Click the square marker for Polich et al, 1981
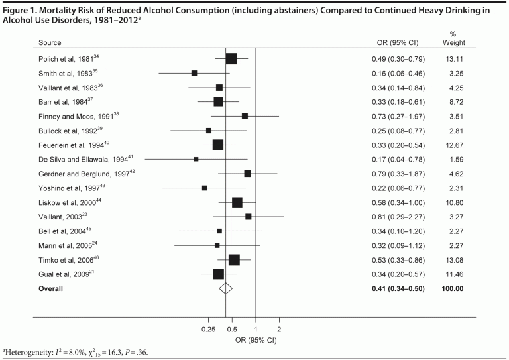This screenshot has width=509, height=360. point(231,59)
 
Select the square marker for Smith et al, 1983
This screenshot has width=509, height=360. point(194,73)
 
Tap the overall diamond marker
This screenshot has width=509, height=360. point(226,288)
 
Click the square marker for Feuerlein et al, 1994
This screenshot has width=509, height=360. point(218,145)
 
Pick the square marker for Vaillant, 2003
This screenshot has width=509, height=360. point(249,217)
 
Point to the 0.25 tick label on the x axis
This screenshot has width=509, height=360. point(208,329)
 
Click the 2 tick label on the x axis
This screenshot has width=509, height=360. point(279,329)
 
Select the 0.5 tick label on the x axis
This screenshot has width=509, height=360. point(232,329)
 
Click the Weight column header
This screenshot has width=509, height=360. point(453,44)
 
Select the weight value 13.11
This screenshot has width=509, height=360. point(453,58)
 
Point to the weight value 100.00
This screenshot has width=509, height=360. point(453,288)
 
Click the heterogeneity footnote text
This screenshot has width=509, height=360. point(76,352)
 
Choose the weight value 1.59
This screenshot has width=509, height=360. point(453,159)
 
